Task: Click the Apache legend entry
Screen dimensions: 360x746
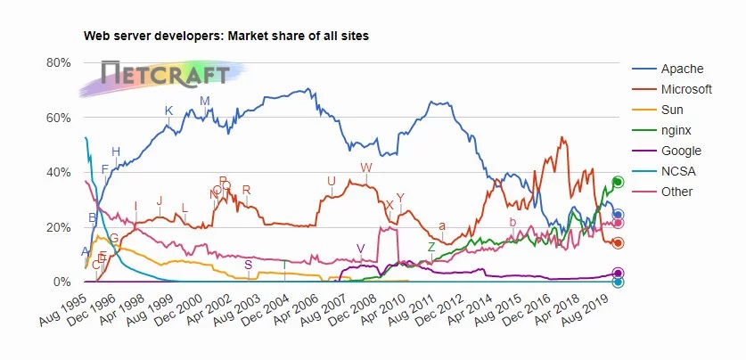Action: point(682,70)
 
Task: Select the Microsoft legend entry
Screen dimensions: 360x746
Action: point(686,90)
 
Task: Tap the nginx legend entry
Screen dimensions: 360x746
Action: point(676,131)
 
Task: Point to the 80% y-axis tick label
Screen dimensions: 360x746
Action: point(58,62)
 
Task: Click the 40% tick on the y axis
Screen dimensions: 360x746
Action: point(58,173)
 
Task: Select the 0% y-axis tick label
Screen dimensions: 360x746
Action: point(61,282)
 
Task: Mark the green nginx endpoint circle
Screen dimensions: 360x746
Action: point(618,182)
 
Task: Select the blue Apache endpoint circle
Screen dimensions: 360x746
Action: point(618,215)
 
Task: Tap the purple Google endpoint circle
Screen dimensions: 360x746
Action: point(618,274)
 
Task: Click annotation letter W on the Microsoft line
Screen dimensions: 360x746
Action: point(365,168)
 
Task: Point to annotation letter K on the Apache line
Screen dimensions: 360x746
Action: point(168,110)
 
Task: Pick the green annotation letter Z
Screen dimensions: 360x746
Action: point(431,247)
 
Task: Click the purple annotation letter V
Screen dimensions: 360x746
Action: point(360,248)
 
